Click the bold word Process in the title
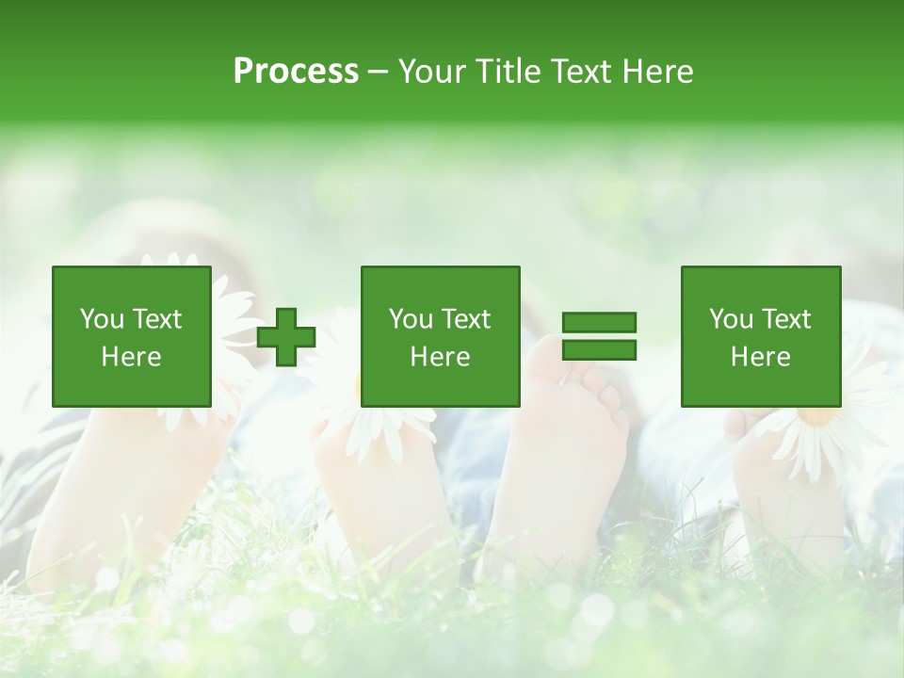296,72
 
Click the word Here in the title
655,72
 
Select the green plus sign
286,337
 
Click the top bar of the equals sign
599,322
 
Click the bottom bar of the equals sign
599,350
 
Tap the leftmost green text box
131,336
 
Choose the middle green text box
440,336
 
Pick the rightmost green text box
760,336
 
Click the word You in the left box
102,319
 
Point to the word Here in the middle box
440,357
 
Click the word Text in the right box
785,319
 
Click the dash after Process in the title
379,73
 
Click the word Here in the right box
760,357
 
